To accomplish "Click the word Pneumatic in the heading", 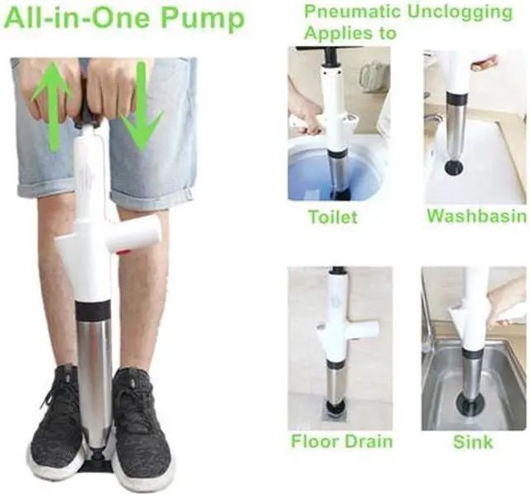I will point(353,12).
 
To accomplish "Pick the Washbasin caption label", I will point(476,216).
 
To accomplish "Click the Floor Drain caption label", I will point(341,441).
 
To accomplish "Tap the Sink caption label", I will point(473,441).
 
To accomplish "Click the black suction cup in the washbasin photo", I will point(454,168).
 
